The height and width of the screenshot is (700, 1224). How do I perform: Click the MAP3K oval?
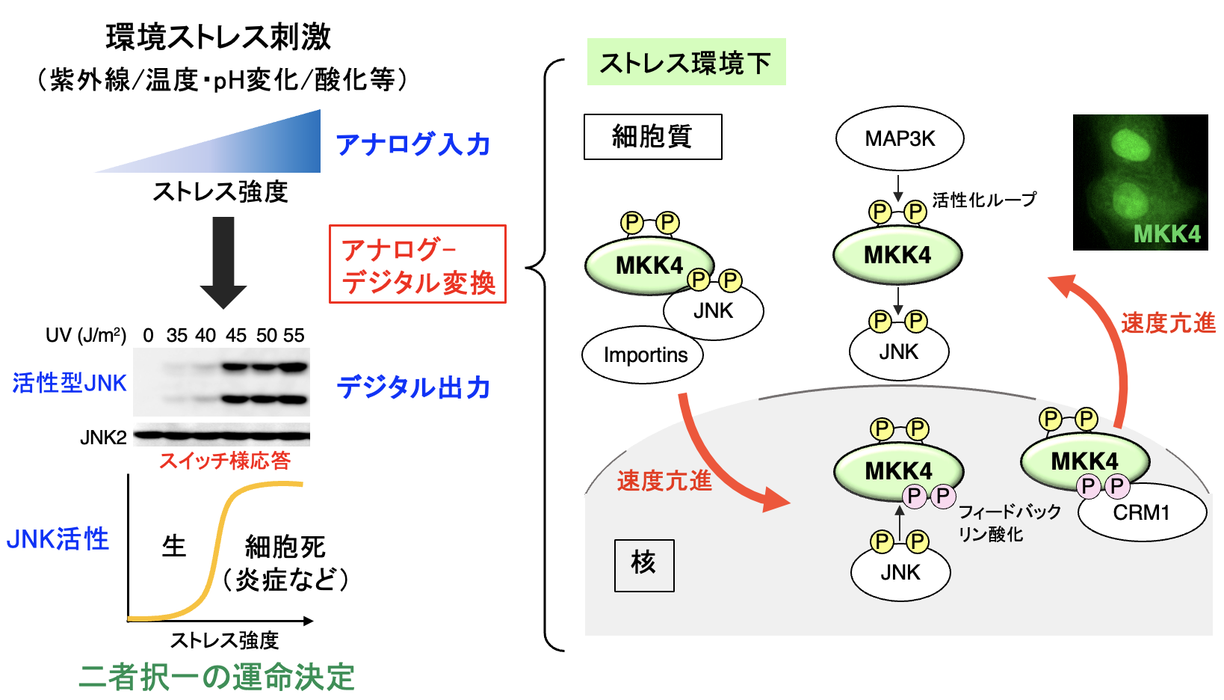[900, 138]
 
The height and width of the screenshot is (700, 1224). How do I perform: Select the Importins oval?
[643, 355]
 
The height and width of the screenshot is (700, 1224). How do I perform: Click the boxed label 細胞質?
[652, 137]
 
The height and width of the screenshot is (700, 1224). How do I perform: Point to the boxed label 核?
[643, 565]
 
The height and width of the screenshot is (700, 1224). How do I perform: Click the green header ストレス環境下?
[686, 62]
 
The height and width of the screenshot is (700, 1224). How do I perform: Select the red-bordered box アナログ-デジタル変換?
[418, 264]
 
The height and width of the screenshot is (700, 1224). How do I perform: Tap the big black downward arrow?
[223, 262]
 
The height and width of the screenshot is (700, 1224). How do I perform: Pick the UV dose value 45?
[236, 336]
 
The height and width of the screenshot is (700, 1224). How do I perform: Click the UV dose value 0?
[148, 336]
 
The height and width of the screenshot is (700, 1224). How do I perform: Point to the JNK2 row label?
[103, 437]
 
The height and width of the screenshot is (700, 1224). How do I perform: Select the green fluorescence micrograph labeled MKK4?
[1140, 182]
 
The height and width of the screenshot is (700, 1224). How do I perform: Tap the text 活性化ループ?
[984, 200]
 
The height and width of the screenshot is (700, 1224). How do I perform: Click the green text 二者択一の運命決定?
[217, 677]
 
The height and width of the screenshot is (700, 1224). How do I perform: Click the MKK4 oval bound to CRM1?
[1084, 460]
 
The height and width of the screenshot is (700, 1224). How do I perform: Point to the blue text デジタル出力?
[413, 387]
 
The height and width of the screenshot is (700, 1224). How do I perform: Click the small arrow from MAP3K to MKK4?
[898, 187]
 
